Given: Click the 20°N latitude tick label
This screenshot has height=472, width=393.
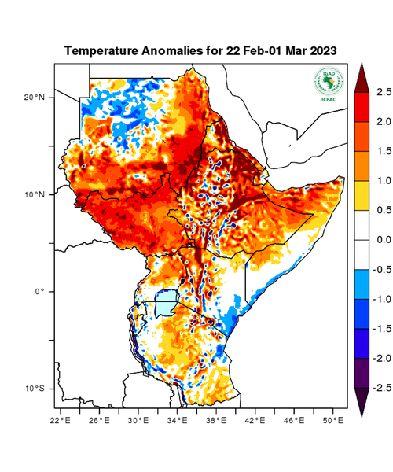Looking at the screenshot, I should pos(34,98).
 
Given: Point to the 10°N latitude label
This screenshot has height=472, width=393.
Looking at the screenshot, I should pos(34,194).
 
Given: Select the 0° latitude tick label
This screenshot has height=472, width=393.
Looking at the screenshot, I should pos(39,291).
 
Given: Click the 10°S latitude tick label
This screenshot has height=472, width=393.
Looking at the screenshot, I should pos(34,389).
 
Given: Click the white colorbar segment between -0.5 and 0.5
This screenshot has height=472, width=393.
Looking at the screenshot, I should pos(362,240).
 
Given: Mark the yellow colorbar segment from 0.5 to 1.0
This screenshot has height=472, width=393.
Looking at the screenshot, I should pos(362,196).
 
